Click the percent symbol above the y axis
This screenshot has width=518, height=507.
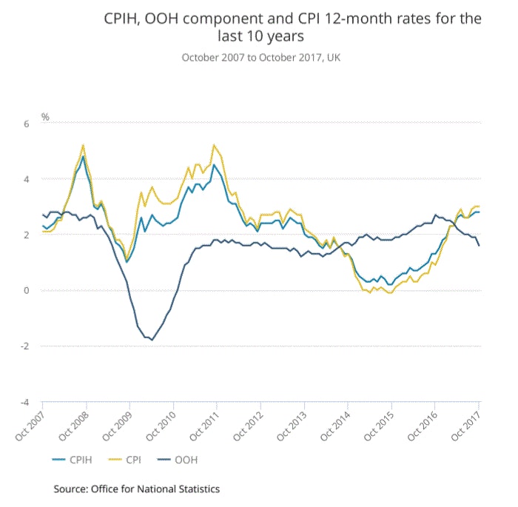45,117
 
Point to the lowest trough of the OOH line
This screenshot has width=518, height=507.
152,340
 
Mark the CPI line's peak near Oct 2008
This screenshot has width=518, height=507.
83,145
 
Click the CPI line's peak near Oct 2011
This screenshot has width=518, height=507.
214,145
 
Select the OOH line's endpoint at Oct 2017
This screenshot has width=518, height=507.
479,246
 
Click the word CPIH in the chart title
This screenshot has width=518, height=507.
124,19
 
